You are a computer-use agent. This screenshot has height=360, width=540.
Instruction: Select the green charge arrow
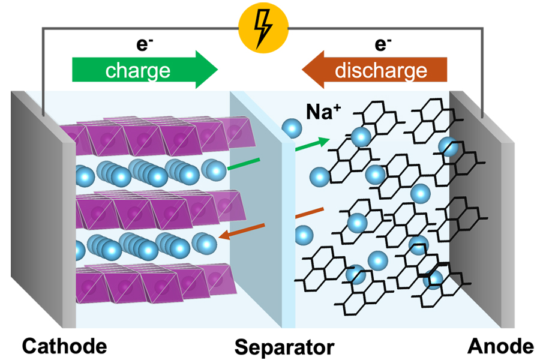pyautogui.click(x=145, y=70)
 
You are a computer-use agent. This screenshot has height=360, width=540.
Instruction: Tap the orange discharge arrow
pyautogui.click(x=374, y=70)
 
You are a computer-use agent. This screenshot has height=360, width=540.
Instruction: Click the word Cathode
pyautogui.click(x=65, y=346)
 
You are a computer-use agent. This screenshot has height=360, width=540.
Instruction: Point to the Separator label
pyautogui.click(x=284, y=347)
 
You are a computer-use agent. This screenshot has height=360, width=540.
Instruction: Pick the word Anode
pyautogui.click(x=501, y=346)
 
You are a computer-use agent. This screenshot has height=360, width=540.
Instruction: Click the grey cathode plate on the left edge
pyautogui.click(x=42, y=210)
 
